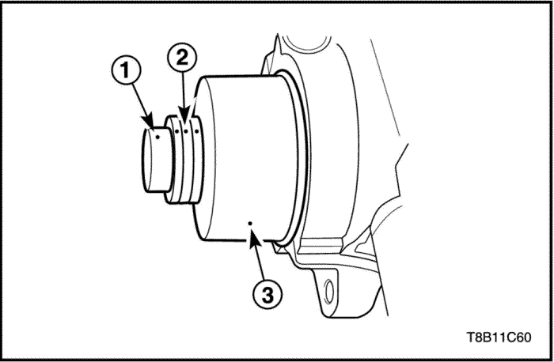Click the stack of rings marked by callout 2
(184, 162)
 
